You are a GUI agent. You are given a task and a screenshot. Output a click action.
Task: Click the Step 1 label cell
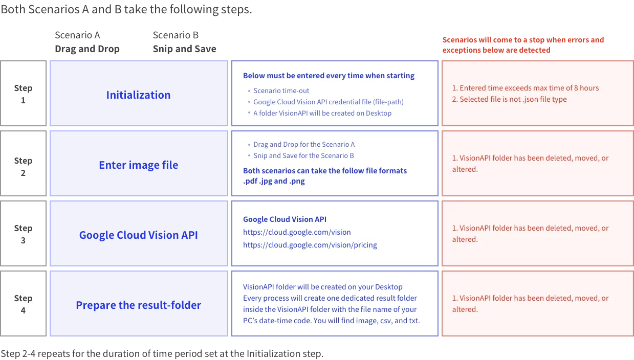(23, 93)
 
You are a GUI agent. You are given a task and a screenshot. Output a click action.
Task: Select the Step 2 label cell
(23, 164)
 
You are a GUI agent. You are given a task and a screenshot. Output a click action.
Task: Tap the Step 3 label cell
(23, 234)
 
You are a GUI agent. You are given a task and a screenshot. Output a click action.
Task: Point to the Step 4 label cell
(23, 304)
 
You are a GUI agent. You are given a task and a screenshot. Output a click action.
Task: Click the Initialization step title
(138, 95)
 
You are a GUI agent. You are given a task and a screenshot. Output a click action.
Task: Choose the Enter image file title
(138, 165)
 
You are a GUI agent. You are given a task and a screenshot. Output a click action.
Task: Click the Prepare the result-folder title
(138, 305)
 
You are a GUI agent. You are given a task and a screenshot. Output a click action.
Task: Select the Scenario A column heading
(77, 35)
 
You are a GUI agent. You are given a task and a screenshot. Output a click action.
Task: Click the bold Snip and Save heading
(185, 49)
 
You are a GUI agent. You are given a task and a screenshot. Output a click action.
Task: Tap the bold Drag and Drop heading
(87, 49)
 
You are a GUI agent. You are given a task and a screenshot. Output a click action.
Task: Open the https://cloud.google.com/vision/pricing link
(310, 245)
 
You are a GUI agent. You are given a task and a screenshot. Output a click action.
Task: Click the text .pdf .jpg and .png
(274, 181)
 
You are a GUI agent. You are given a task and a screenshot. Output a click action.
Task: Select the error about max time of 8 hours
(526, 88)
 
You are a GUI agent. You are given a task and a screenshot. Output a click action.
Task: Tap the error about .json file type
(509, 99)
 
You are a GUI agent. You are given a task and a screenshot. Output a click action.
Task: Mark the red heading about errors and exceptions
(523, 45)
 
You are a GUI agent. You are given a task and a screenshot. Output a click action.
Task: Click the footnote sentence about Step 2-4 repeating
(162, 353)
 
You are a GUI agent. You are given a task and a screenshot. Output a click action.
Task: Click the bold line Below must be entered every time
(329, 76)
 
